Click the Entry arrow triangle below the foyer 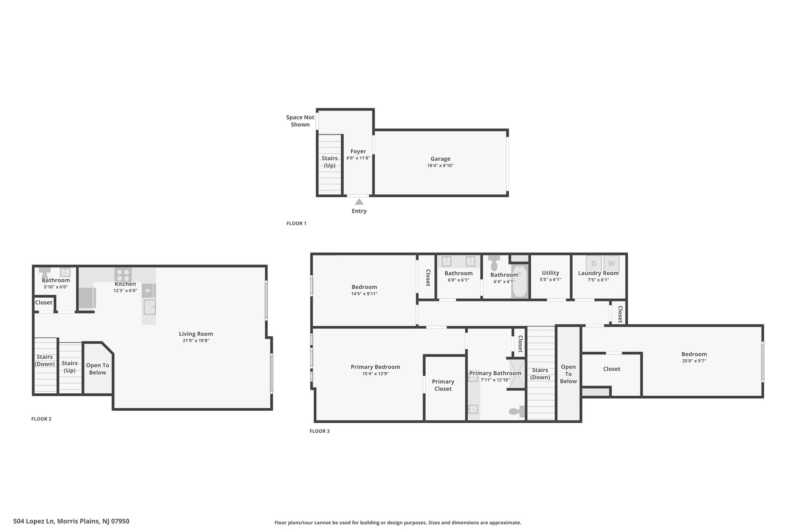[x=359, y=202]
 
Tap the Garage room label [x=440, y=159]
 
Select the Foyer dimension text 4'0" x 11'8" [x=358, y=158]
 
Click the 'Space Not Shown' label [x=300, y=121]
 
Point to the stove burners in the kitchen [x=123, y=275]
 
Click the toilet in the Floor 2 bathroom [x=45, y=271]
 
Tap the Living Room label [x=196, y=334]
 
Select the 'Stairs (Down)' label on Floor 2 [x=45, y=361]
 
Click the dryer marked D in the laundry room [x=594, y=263]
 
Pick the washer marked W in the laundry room [x=611, y=263]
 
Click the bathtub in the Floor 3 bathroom [x=520, y=282]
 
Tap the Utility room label [x=550, y=273]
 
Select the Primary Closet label [x=443, y=385]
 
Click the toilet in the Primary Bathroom [x=517, y=411]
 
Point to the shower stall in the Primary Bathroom [x=517, y=374]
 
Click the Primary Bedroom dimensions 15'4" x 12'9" [x=375, y=374]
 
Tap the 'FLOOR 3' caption [x=319, y=431]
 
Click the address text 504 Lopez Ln [x=35, y=521]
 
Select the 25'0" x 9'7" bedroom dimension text [x=694, y=361]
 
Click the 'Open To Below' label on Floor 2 [x=98, y=369]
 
